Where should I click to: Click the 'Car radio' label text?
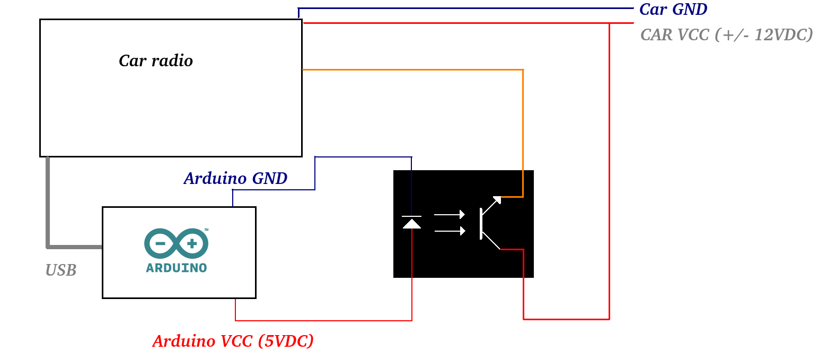click(x=156, y=60)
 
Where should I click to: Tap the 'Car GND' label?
click(x=673, y=10)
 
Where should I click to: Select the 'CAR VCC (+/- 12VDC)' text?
click(x=726, y=35)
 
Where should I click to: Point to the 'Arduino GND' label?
click(x=235, y=178)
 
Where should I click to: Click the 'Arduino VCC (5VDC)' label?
click(x=233, y=341)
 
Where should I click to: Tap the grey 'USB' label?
click(x=61, y=270)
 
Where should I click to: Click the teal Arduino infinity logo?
click(x=176, y=243)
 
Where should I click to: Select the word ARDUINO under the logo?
click(x=176, y=268)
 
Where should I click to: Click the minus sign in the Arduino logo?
click(x=161, y=243)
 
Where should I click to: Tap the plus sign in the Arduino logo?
click(x=192, y=243)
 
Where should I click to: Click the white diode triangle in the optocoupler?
click(x=412, y=224)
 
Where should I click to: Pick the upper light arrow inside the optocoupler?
click(x=450, y=214)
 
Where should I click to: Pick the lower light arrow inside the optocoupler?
click(x=450, y=231)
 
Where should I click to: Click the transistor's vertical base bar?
click(x=481, y=224)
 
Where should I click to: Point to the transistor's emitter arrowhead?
click(x=497, y=200)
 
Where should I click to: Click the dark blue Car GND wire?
click(x=466, y=8)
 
